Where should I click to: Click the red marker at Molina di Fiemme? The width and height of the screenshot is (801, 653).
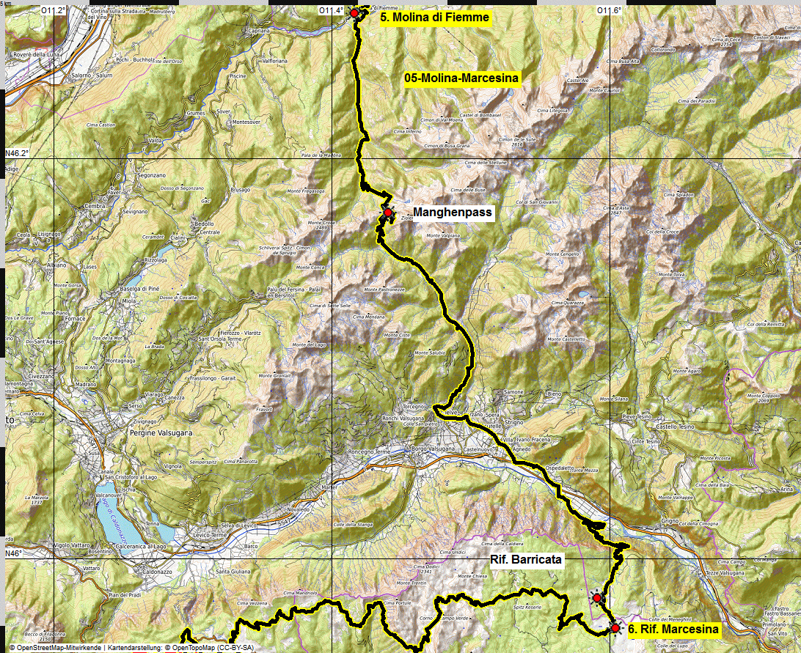[x=354, y=13]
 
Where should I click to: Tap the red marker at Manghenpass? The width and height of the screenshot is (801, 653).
[x=387, y=213]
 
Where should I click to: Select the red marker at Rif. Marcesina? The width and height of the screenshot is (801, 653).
[x=615, y=627]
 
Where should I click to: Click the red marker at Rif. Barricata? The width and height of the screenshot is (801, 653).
[x=597, y=598]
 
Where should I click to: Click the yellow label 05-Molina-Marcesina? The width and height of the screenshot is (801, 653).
[x=461, y=78]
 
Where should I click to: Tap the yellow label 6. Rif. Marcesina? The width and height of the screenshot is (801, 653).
[x=673, y=629]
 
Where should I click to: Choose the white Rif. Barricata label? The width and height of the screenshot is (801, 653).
[x=525, y=560]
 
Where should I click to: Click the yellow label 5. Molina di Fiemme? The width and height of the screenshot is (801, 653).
[x=434, y=17]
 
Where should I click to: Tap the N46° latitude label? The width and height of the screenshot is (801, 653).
[x=14, y=553]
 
